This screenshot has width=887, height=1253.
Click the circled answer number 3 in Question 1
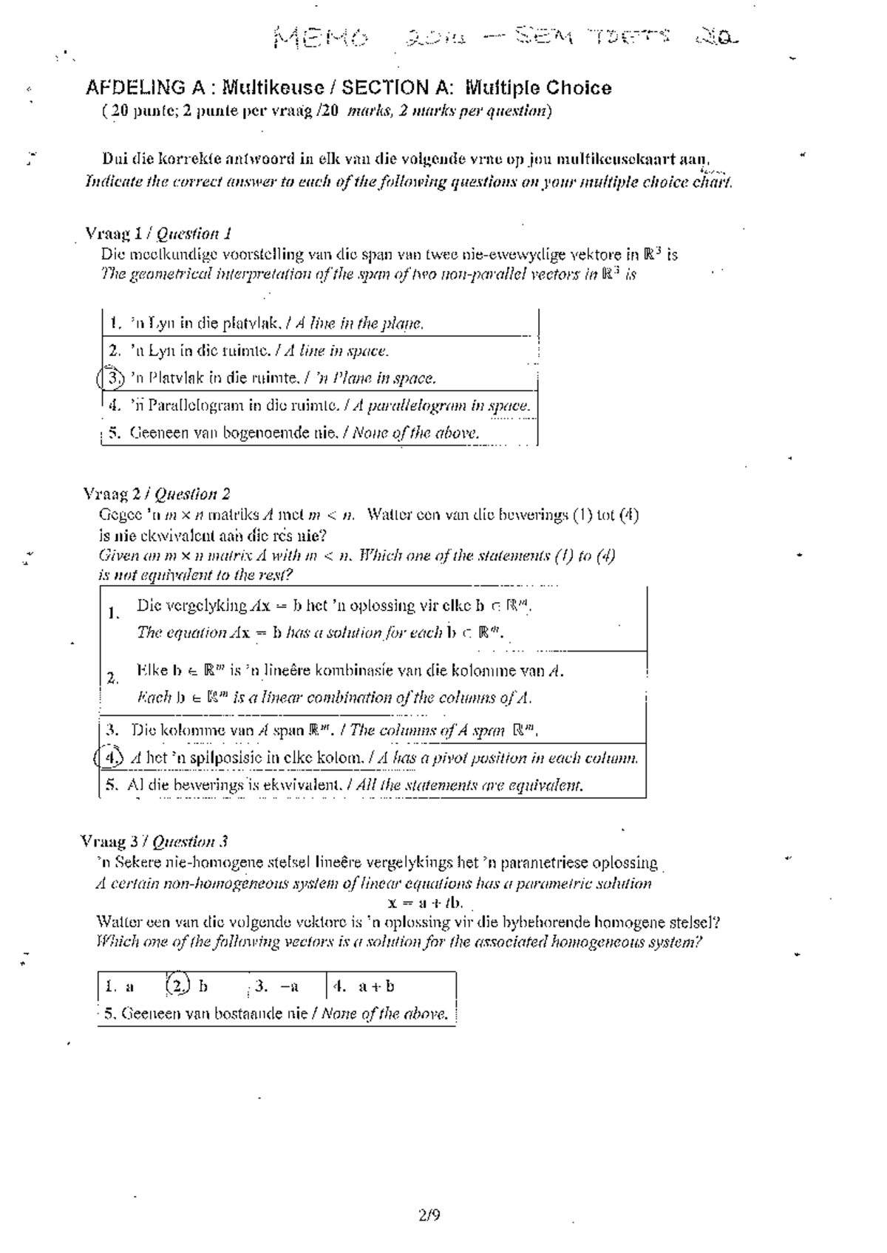112,378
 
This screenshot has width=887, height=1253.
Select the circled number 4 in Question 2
111,758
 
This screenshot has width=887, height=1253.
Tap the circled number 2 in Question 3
177,986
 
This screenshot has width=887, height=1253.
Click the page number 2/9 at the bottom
429,1215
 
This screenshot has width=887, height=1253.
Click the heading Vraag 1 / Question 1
159,234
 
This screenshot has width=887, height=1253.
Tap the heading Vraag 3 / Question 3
154,841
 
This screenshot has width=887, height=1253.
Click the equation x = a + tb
425,902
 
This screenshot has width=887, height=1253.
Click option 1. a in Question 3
120,986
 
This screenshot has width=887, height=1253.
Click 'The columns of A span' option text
429,731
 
